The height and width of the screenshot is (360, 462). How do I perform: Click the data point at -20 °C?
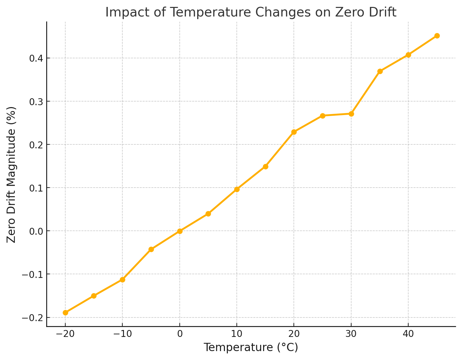[x=65, y=313]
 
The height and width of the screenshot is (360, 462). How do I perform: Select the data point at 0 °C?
[x=180, y=231]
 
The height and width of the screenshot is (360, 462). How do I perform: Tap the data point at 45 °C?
[x=437, y=36]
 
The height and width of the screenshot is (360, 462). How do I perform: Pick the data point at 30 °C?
[x=351, y=114]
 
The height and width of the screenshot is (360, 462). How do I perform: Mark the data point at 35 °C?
[x=380, y=71]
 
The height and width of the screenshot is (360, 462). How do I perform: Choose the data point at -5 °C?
[x=151, y=249]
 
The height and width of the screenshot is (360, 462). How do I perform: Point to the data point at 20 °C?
[x=294, y=132]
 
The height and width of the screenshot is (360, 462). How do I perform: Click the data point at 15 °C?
[x=265, y=166]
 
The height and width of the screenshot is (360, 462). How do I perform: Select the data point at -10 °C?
[x=122, y=280]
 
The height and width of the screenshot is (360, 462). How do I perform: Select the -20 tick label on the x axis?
[x=65, y=334]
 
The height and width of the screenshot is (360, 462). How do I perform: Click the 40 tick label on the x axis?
[x=408, y=334]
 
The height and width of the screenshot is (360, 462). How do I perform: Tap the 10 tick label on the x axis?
[x=237, y=334]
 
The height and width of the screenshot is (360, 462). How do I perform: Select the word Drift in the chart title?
[x=380, y=13]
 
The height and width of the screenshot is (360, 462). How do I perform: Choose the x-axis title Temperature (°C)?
[x=251, y=348]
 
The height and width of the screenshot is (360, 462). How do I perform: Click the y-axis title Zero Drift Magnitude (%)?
[x=12, y=174]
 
